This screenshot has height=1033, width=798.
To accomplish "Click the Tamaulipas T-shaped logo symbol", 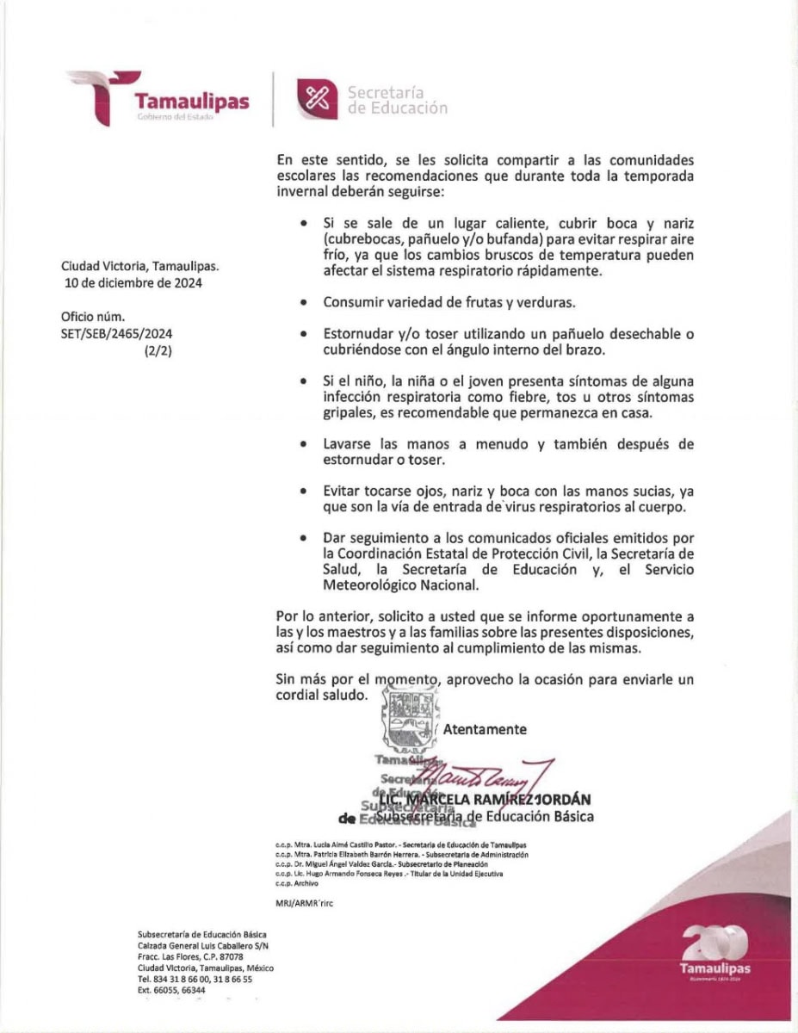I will point(101,96).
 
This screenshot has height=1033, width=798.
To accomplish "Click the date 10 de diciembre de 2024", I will point(132,282).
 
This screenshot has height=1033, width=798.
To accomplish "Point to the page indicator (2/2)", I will point(158,350).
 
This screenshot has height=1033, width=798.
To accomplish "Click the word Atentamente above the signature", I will point(485,729).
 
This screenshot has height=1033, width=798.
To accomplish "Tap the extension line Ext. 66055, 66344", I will point(172,990).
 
